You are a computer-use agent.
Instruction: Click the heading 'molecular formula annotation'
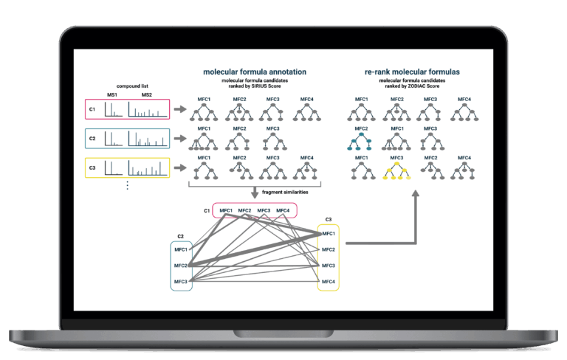255,72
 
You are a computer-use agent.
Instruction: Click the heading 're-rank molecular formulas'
412,72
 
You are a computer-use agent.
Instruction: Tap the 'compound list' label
132,86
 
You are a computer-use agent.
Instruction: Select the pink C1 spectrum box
127,109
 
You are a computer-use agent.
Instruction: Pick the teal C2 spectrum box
127,139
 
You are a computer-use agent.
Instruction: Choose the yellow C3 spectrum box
127,167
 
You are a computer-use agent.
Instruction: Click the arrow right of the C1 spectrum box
180,109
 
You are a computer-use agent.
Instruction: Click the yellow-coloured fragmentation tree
396,171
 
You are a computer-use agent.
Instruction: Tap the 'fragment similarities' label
285,192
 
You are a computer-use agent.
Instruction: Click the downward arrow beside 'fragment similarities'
255,193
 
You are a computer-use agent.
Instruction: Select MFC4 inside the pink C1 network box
283,210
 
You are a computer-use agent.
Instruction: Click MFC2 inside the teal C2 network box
181,266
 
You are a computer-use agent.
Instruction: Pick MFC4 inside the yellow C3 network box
329,282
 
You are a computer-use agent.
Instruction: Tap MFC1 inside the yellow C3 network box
329,234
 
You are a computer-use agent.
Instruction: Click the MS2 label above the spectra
147,94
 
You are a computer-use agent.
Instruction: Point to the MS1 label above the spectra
112,94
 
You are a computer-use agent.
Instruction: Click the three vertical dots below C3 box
127,185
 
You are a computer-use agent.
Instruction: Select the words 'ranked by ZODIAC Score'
412,86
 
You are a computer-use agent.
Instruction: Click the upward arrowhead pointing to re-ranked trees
416,193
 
